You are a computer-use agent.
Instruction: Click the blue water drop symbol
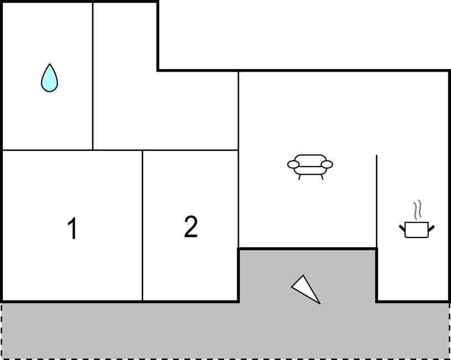tap(50, 78)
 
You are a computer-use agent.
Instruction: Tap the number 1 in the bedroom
tap(72, 228)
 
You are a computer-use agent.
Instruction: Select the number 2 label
tap(191, 226)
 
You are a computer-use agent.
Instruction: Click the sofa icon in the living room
tap(310, 167)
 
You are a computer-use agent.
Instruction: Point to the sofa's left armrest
tap(293, 165)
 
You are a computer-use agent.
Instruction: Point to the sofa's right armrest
tap(327, 165)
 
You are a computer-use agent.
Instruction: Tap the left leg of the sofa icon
tap(300, 177)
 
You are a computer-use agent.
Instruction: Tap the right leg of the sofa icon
tap(322, 177)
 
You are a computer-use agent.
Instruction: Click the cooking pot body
tap(417, 230)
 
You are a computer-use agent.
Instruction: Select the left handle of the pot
tap(402, 228)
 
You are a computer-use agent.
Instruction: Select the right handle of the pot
tap(431, 228)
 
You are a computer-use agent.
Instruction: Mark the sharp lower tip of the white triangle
tap(320, 303)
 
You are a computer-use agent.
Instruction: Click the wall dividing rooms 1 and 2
tap(143, 225)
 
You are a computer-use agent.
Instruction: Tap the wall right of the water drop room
tap(93, 76)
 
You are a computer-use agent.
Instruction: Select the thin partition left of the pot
tap(376, 202)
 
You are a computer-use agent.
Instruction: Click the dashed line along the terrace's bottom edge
tap(225, 358)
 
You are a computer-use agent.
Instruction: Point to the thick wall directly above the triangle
tap(307, 248)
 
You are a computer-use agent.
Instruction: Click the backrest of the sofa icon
tap(310, 160)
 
